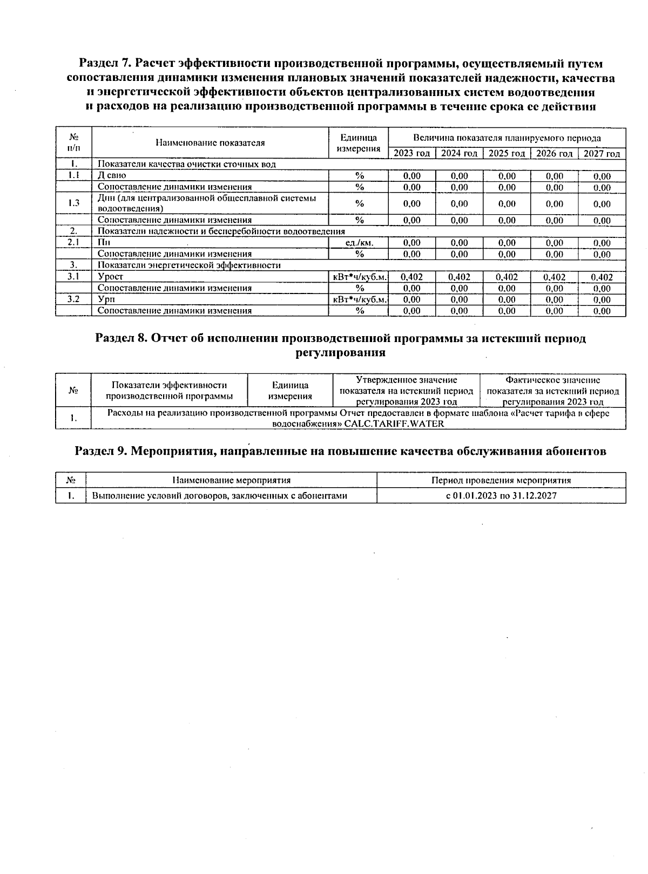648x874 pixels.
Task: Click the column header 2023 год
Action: tap(411, 154)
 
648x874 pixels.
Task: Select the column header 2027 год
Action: tap(602, 154)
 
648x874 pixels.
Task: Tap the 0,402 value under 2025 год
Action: tap(507, 277)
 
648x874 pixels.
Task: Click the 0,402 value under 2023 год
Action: tap(411, 277)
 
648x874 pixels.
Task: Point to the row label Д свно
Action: tap(112, 175)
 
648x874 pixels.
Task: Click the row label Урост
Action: tap(110, 277)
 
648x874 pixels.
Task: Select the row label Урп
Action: tap(106, 299)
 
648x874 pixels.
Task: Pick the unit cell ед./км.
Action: tap(359, 243)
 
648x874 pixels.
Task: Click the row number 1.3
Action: tap(74, 203)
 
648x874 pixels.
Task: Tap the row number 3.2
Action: tap(74, 299)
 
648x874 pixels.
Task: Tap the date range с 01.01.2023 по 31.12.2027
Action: tap(501, 496)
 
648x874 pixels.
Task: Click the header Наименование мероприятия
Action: tap(231, 480)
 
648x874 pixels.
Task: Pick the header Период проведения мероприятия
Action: tap(501, 480)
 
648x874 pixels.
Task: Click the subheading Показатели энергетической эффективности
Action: tap(189, 265)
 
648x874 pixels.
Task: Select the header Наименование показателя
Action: tap(210, 143)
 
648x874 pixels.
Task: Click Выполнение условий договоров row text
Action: tap(219, 496)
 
